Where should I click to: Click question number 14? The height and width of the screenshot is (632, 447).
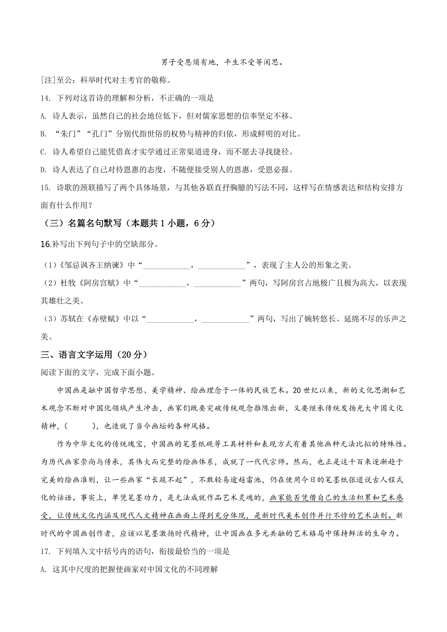click(45, 98)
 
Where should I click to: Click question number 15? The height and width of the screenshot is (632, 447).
click(45, 188)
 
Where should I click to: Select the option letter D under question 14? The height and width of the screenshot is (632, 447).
click(43, 170)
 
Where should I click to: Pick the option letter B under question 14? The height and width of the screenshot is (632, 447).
click(43, 134)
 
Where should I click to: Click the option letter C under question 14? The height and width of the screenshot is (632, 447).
click(43, 152)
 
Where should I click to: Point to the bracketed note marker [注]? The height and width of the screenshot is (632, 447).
click(48, 80)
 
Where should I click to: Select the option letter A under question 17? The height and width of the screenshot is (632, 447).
click(43, 569)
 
